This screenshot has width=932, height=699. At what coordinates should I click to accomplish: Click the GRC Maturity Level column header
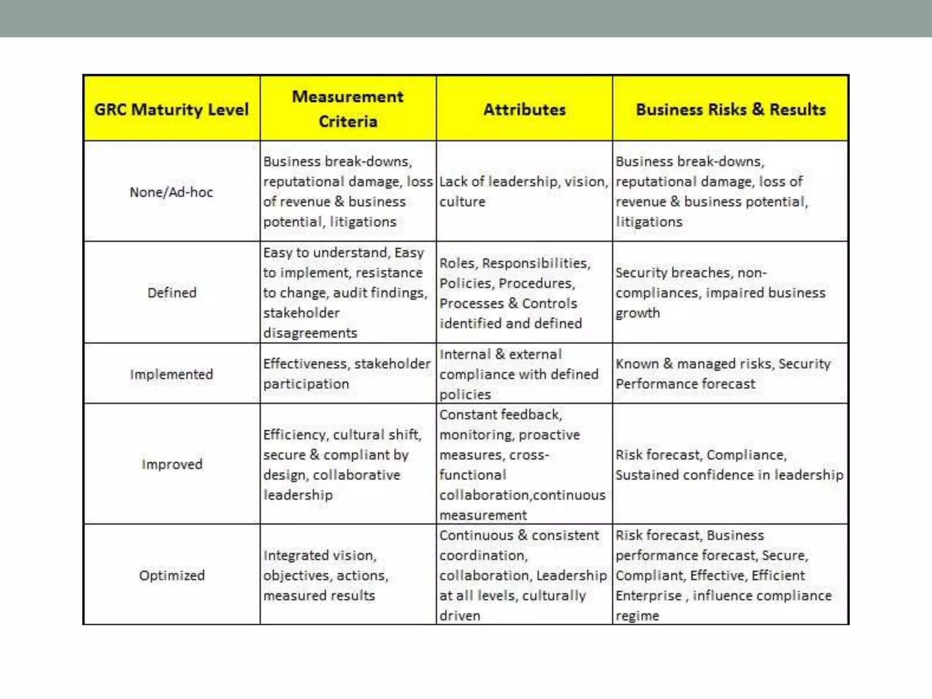click(x=171, y=109)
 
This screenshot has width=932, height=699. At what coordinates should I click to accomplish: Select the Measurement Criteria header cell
click(x=348, y=109)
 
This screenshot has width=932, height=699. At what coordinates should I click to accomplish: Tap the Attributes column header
click(x=524, y=109)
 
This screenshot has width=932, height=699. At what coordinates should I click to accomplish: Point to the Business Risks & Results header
click(x=730, y=109)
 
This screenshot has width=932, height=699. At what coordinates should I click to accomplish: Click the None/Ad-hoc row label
click(x=171, y=192)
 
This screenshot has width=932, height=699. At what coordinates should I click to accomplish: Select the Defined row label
click(x=172, y=293)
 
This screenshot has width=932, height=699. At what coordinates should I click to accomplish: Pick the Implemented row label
click(x=171, y=374)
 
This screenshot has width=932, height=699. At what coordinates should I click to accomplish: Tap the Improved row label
click(x=172, y=464)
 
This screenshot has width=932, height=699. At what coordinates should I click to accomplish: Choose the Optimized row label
click(x=172, y=575)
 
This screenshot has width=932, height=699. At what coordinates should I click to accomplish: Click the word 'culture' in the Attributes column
click(x=462, y=202)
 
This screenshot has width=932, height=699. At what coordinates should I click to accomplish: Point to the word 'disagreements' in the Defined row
click(x=310, y=333)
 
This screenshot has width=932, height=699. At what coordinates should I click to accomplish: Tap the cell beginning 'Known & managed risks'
click(x=723, y=374)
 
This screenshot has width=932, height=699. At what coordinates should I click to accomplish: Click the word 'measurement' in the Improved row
click(x=483, y=515)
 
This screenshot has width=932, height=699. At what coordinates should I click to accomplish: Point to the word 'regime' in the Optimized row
click(x=637, y=616)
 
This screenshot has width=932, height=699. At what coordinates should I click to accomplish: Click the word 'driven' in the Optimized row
click(x=460, y=616)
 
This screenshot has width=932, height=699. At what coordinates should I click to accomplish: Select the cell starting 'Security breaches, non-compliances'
click(x=720, y=293)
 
